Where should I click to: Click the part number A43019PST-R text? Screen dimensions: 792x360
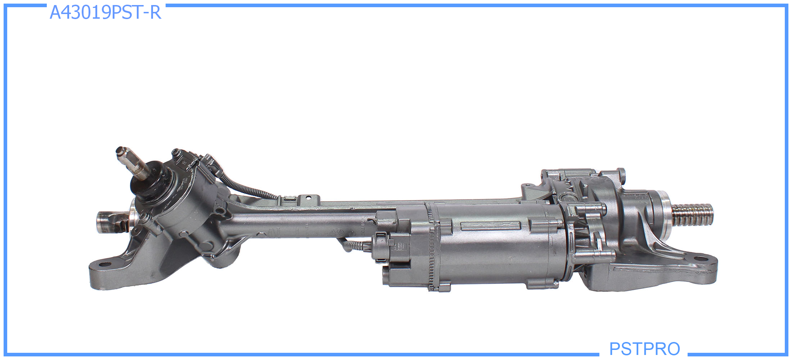[x=105, y=12]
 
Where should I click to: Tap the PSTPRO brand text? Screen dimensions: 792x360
[x=644, y=348]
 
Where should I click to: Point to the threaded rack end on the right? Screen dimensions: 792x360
[x=692, y=215]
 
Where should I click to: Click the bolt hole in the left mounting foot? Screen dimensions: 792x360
[x=104, y=264]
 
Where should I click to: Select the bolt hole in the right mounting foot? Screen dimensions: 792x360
[x=699, y=258]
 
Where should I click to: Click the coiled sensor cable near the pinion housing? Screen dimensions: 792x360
[x=252, y=189]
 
